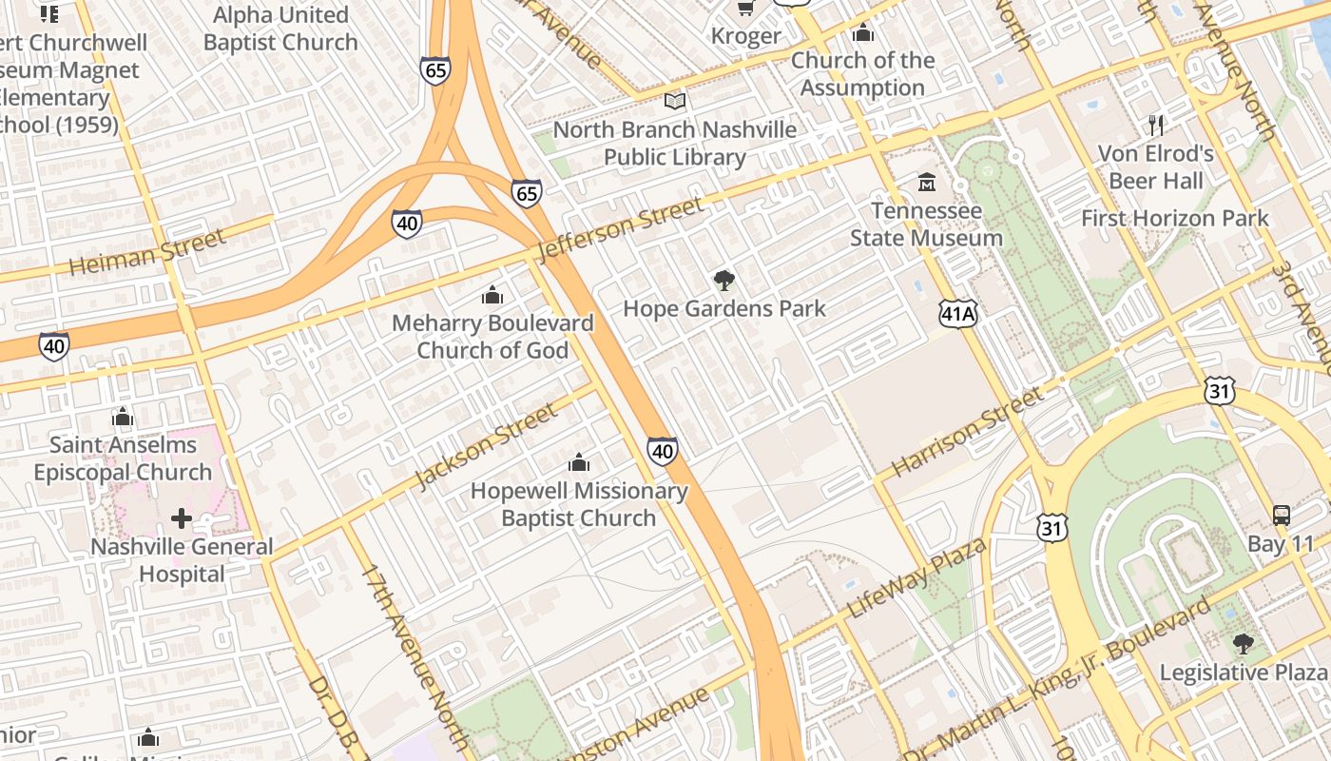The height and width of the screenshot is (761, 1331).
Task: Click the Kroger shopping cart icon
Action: pyautogui.click(x=746, y=9)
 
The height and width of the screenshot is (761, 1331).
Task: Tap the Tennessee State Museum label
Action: pyautogui.click(x=926, y=224)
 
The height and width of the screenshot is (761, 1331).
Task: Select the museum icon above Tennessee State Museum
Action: pyautogui.click(x=926, y=181)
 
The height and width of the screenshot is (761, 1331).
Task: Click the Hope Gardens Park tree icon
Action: pyautogui.click(x=724, y=281)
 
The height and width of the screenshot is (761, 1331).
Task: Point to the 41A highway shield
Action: pyautogui.click(x=958, y=314)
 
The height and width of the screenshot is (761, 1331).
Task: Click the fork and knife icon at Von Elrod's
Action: pyautogui.click(x=1156, y=125)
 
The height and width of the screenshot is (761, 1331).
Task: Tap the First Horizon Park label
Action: pyautogui.click(x=1174, y=219)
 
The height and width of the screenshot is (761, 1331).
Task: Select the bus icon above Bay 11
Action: pyautogui.click(x=1282, y=516)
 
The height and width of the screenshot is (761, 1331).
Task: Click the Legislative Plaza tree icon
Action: pyautogui.click(x=1243, y=644)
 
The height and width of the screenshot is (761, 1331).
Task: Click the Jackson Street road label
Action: pyautogui.click(x=486, y=446)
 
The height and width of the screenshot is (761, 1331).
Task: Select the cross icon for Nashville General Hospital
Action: pyautogui.click(x=181, y=518)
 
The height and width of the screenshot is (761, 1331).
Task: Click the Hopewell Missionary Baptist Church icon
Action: pyautogui.click(x=578, y=463)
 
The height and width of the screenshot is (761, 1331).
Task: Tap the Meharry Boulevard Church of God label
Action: pyautogui.click(x=492, y=337)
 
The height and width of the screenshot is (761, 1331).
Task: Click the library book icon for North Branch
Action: pyautogui.click(x=675, y=101)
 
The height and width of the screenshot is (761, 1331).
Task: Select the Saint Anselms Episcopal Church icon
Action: pyautogui.click(x=122, y=417)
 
